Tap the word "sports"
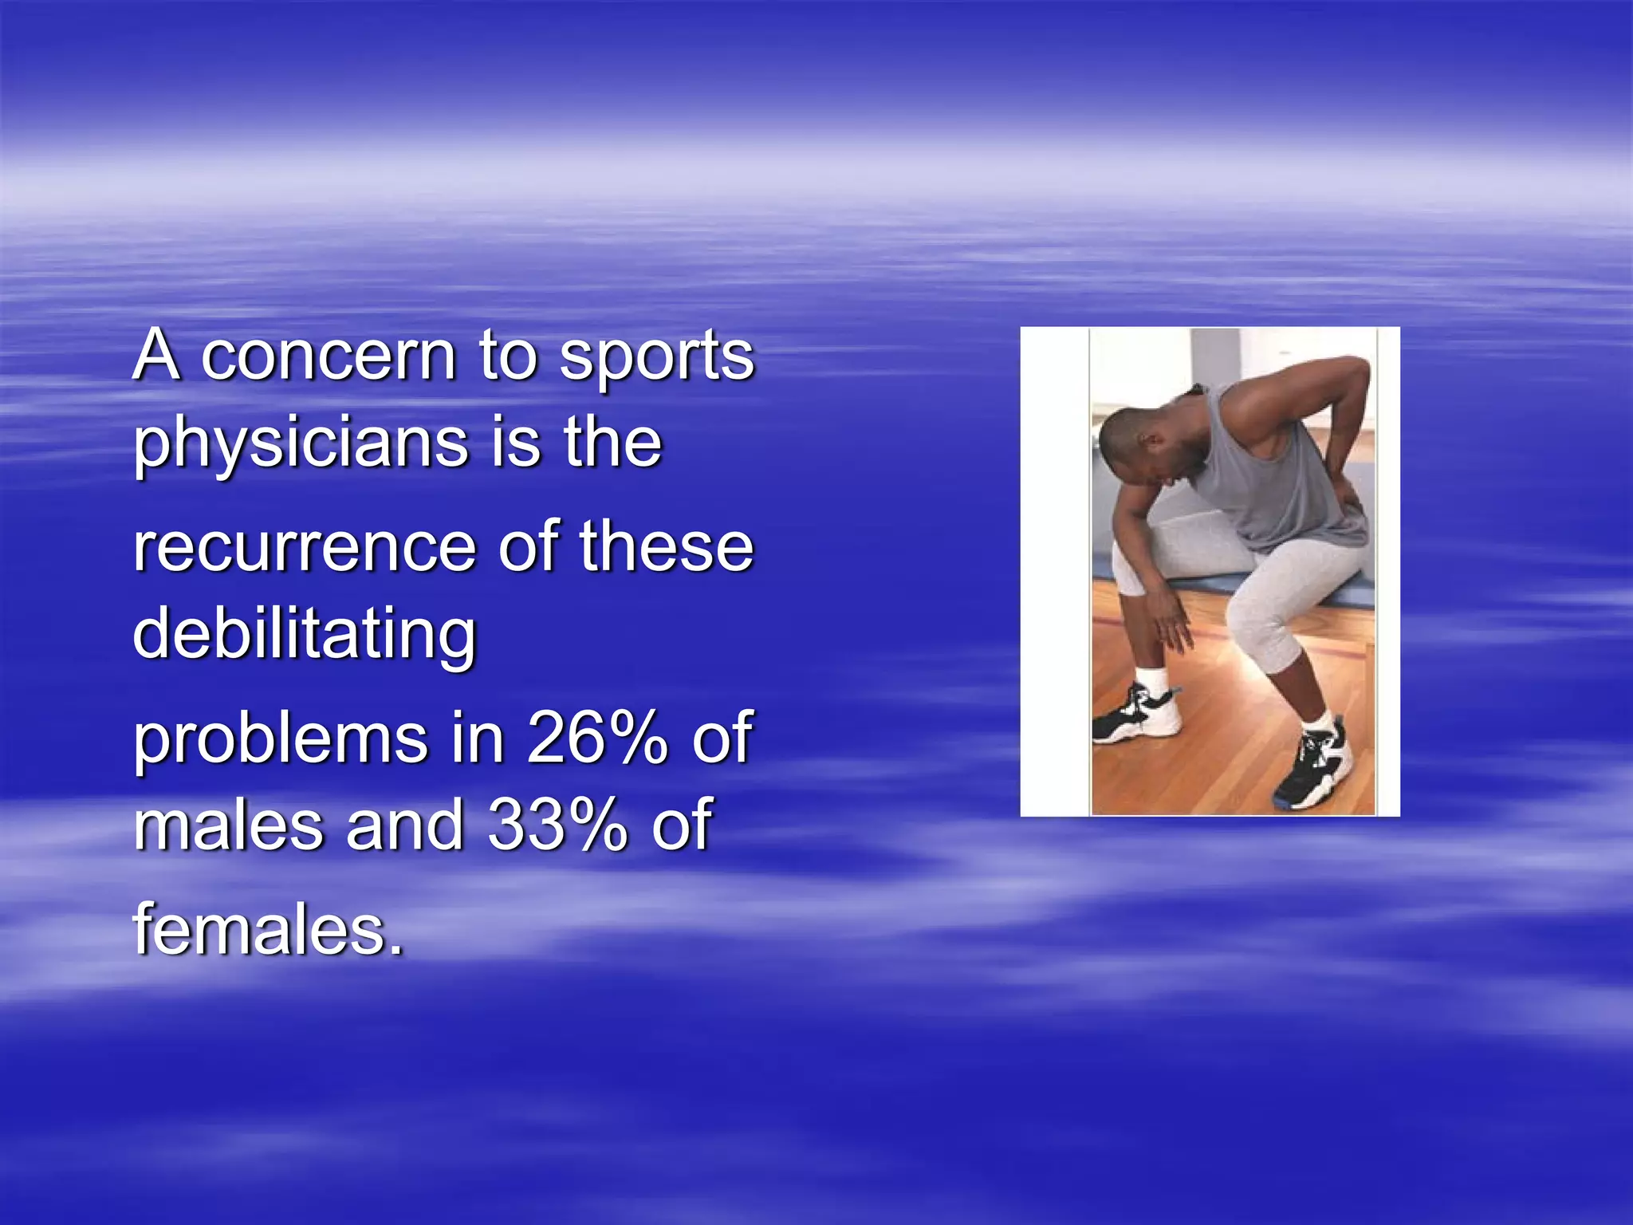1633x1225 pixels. [656, 357]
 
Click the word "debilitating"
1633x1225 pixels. [304, 636]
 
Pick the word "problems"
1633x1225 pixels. [280, 739]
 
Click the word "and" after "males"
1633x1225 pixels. [406, 825]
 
